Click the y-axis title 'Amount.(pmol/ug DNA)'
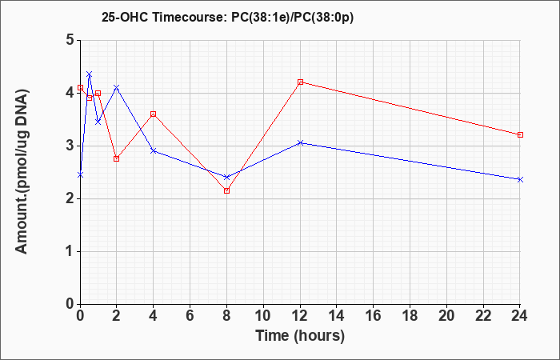[22, 171]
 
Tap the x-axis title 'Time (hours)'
[300, 336]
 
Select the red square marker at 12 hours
[300, 82]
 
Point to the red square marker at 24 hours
[520, 134]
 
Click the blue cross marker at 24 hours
[520, 180]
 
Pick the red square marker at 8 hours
[226, 190]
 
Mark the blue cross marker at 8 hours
[226, 177]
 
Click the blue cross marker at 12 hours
[300, 143]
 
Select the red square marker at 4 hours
[154, 114]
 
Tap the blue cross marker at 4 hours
[154, 150]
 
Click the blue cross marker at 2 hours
[117, 87]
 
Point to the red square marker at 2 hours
[117, 158]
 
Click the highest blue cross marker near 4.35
[90, 74]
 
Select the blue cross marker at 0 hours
[80, 174]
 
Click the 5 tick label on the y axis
[70, 40]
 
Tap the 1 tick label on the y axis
[70, 251]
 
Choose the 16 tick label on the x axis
[374, 316]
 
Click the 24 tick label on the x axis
[520, 316]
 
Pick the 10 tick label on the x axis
[263, 316]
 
